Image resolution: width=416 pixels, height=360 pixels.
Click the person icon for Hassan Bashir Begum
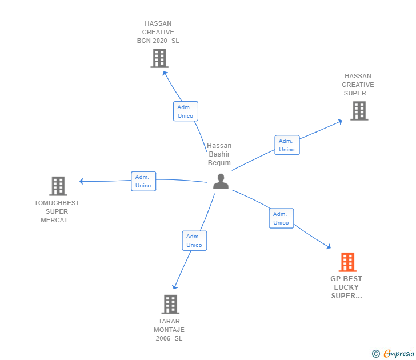[221, 182]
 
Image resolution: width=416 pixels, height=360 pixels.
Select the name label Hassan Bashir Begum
[219, 154]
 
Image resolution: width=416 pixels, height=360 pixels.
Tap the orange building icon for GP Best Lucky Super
[347, 262]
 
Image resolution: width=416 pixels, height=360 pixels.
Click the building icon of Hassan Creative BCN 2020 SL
[159, 58]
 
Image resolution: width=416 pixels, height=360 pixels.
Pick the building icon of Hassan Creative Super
[359, 111]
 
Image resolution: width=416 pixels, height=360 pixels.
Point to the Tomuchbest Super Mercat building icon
[58, 186]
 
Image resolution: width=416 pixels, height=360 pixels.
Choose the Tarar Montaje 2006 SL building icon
[170, 305]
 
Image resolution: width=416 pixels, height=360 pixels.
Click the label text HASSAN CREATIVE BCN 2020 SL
[158, 32]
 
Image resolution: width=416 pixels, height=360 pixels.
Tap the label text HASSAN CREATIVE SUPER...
[358, 85]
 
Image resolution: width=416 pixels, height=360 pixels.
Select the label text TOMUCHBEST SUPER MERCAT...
[57, 211]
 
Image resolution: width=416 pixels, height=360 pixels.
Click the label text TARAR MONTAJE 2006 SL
[169, 330]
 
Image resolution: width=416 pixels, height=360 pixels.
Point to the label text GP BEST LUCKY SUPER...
[346, 287]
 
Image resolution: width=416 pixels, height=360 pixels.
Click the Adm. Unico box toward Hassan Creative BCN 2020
[186, 111]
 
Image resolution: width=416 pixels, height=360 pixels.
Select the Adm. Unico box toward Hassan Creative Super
[287, 145]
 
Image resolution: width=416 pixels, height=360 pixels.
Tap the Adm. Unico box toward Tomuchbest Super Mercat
[143, 181]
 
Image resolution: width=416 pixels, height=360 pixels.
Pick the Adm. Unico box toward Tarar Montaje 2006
[194, 241]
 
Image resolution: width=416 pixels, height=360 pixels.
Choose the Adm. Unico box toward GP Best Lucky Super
[281, 218]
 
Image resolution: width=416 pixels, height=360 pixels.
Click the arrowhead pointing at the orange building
[329, 246]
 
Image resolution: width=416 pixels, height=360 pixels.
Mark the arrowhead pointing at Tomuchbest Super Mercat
[82, 181]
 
